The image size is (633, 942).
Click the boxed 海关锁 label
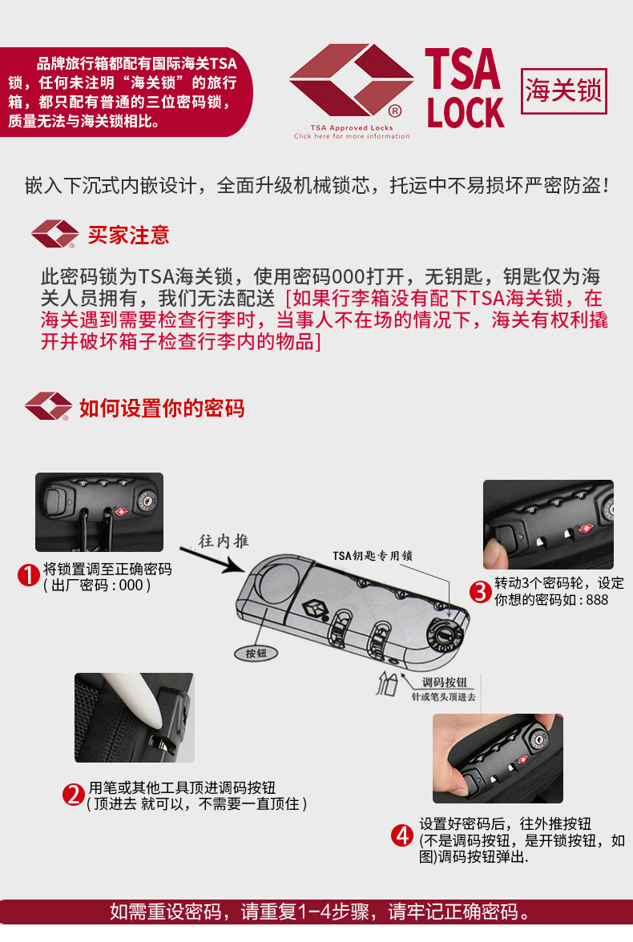click(x=563, y=91)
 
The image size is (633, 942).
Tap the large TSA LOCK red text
click(x=465, y=89)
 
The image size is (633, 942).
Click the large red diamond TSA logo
click(x=351, y=80)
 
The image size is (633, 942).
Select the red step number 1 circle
click(x=28, y=575)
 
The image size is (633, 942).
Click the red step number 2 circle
click(x=74, y=795)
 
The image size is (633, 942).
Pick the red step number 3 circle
click(x=480, y=592)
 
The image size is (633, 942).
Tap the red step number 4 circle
click(x=402, y=835)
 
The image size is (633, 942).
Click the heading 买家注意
click(x=129, y=235)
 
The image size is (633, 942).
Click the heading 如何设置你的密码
click(x=162, y=408)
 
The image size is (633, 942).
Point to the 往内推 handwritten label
click(x=224, y=541)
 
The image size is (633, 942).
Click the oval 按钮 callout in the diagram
click(x=256, y=653)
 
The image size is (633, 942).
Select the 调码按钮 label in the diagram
click(x=444, y=682)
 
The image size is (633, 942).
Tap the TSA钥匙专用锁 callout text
click(x=373, y=556)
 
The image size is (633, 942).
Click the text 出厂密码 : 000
click(x=96, y=585)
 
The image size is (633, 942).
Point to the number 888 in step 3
click(x=597, y=599)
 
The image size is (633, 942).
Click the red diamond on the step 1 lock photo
click(x=122, y=512)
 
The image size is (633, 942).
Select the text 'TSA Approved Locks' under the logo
click(x=352, y=127)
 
